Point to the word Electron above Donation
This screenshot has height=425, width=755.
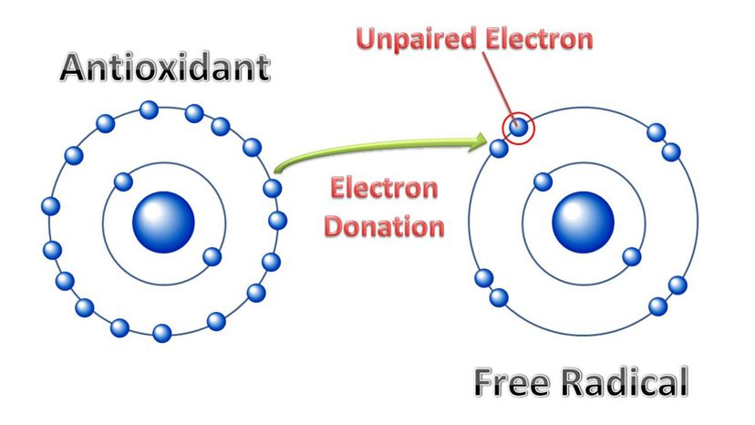[383, 190]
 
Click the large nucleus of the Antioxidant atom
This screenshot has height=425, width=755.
[164, 223]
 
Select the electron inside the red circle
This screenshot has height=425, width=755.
[519, 129]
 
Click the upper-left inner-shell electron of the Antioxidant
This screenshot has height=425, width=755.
[120, 181]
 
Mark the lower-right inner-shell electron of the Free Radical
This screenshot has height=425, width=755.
[629, 256]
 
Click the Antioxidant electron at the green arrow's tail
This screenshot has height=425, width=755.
[272, 189]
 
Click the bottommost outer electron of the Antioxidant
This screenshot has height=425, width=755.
[161, 333]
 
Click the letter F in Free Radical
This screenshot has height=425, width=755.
[483, 382]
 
